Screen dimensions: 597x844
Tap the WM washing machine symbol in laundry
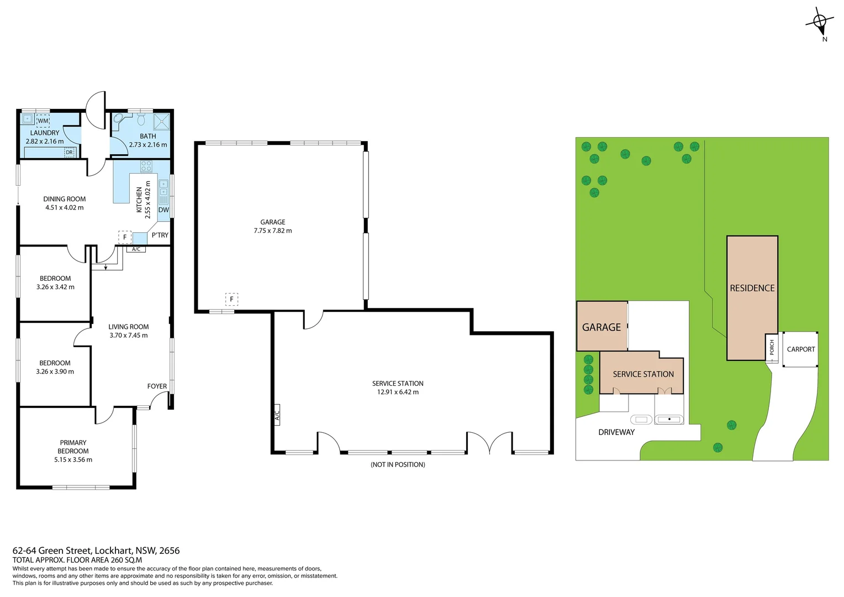(43, 121)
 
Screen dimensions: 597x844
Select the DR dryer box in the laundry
(69, 153)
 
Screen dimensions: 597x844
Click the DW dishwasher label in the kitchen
(163, 210)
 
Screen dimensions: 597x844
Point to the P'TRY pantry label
(160, 235)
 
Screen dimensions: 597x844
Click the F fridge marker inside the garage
(231, 300)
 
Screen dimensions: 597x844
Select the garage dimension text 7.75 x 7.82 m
(273, 231)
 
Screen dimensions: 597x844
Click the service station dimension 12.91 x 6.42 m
(398, 392)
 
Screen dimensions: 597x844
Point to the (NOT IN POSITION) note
(398, 465)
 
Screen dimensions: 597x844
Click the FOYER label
(157, 386)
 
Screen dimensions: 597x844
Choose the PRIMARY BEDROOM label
(73, 447)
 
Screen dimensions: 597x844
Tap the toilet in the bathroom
(141, 119)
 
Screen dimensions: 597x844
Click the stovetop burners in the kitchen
(146, 166)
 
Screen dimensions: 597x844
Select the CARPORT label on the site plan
(800, 349)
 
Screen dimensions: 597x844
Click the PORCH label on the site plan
(772, 348)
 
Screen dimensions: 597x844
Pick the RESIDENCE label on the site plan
(752, 288)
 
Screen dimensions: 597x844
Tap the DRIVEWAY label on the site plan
(616, 432)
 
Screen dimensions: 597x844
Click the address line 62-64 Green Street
(96, 551)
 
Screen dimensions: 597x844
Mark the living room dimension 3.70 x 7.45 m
(129, 336)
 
